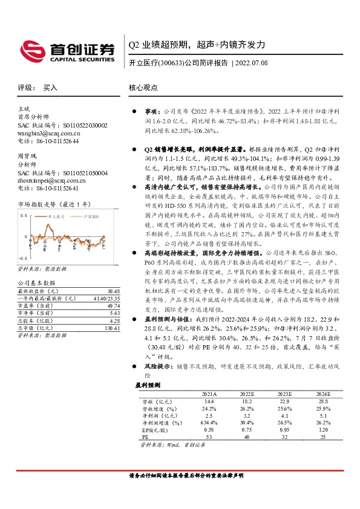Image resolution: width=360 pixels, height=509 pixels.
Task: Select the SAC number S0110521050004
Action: (x=80, y=172)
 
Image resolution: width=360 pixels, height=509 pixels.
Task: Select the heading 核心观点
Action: (x=143, y=88)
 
